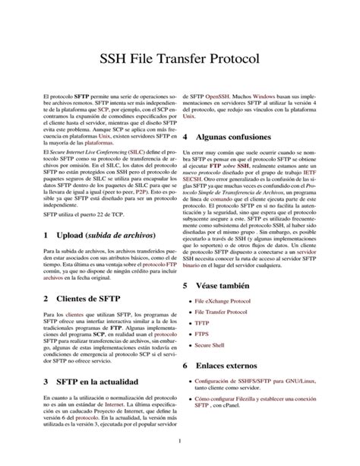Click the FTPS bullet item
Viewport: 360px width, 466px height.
203,334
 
